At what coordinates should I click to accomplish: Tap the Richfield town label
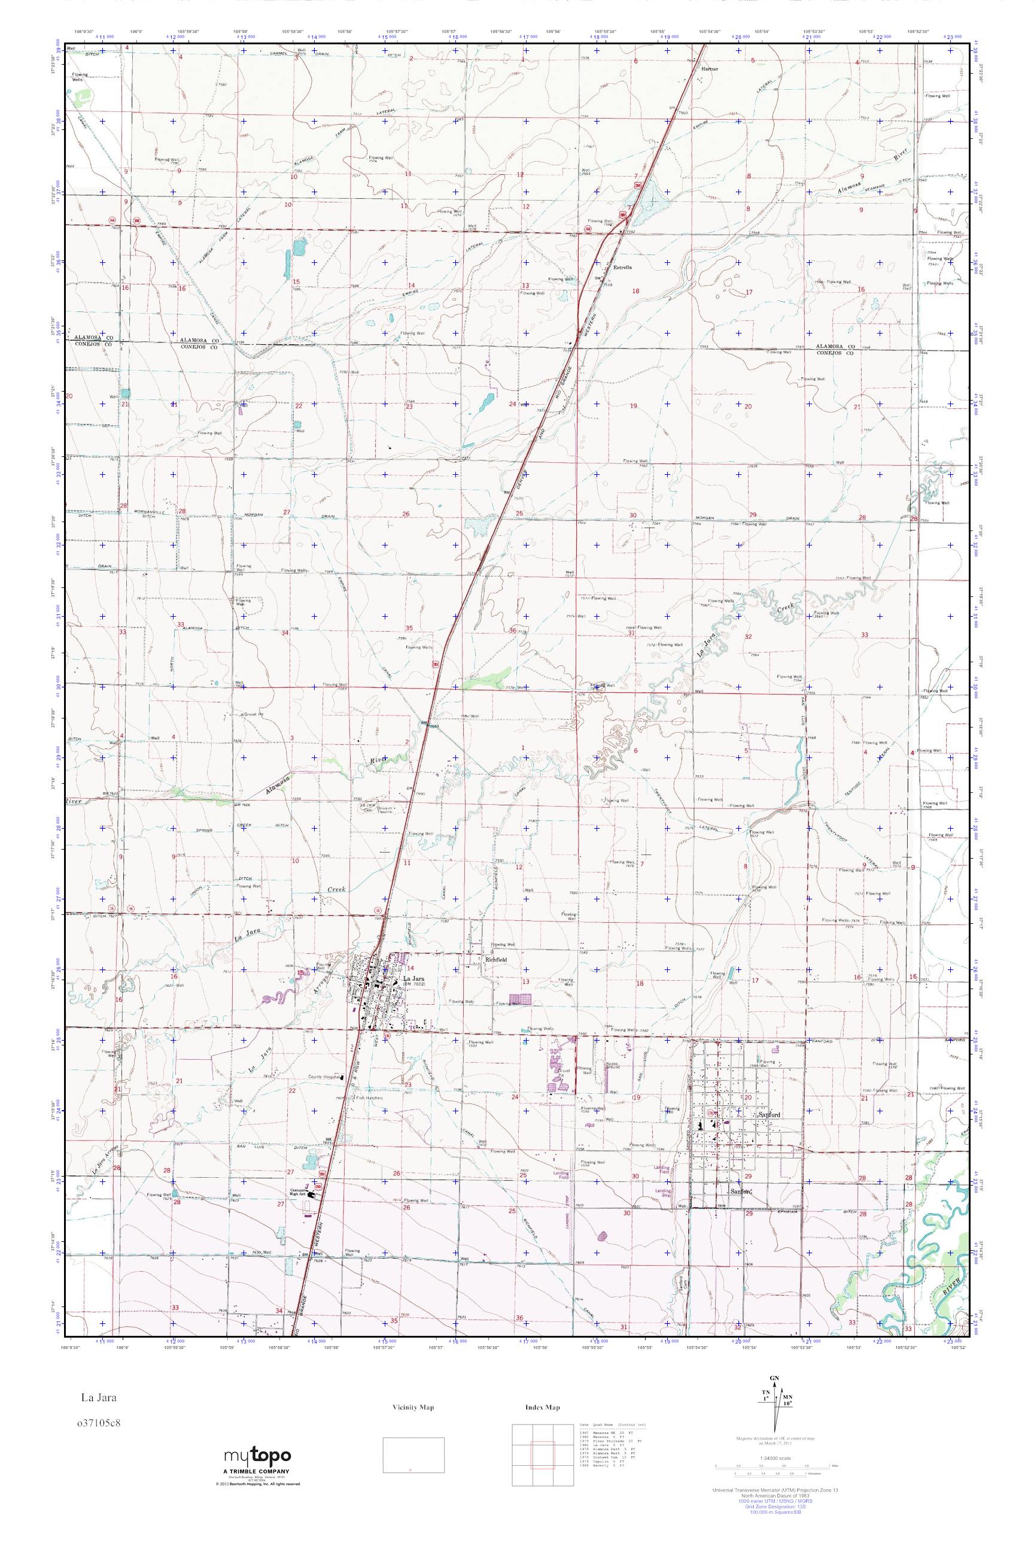tap(495, 959)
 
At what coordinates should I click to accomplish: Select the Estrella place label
tap(622, 267)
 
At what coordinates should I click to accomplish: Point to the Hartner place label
tap(710, 69)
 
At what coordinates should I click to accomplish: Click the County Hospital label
tap(324, 1076)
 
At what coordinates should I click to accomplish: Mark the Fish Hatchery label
tap(369, 1098)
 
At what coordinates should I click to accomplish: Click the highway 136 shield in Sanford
tap(711, 1113)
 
